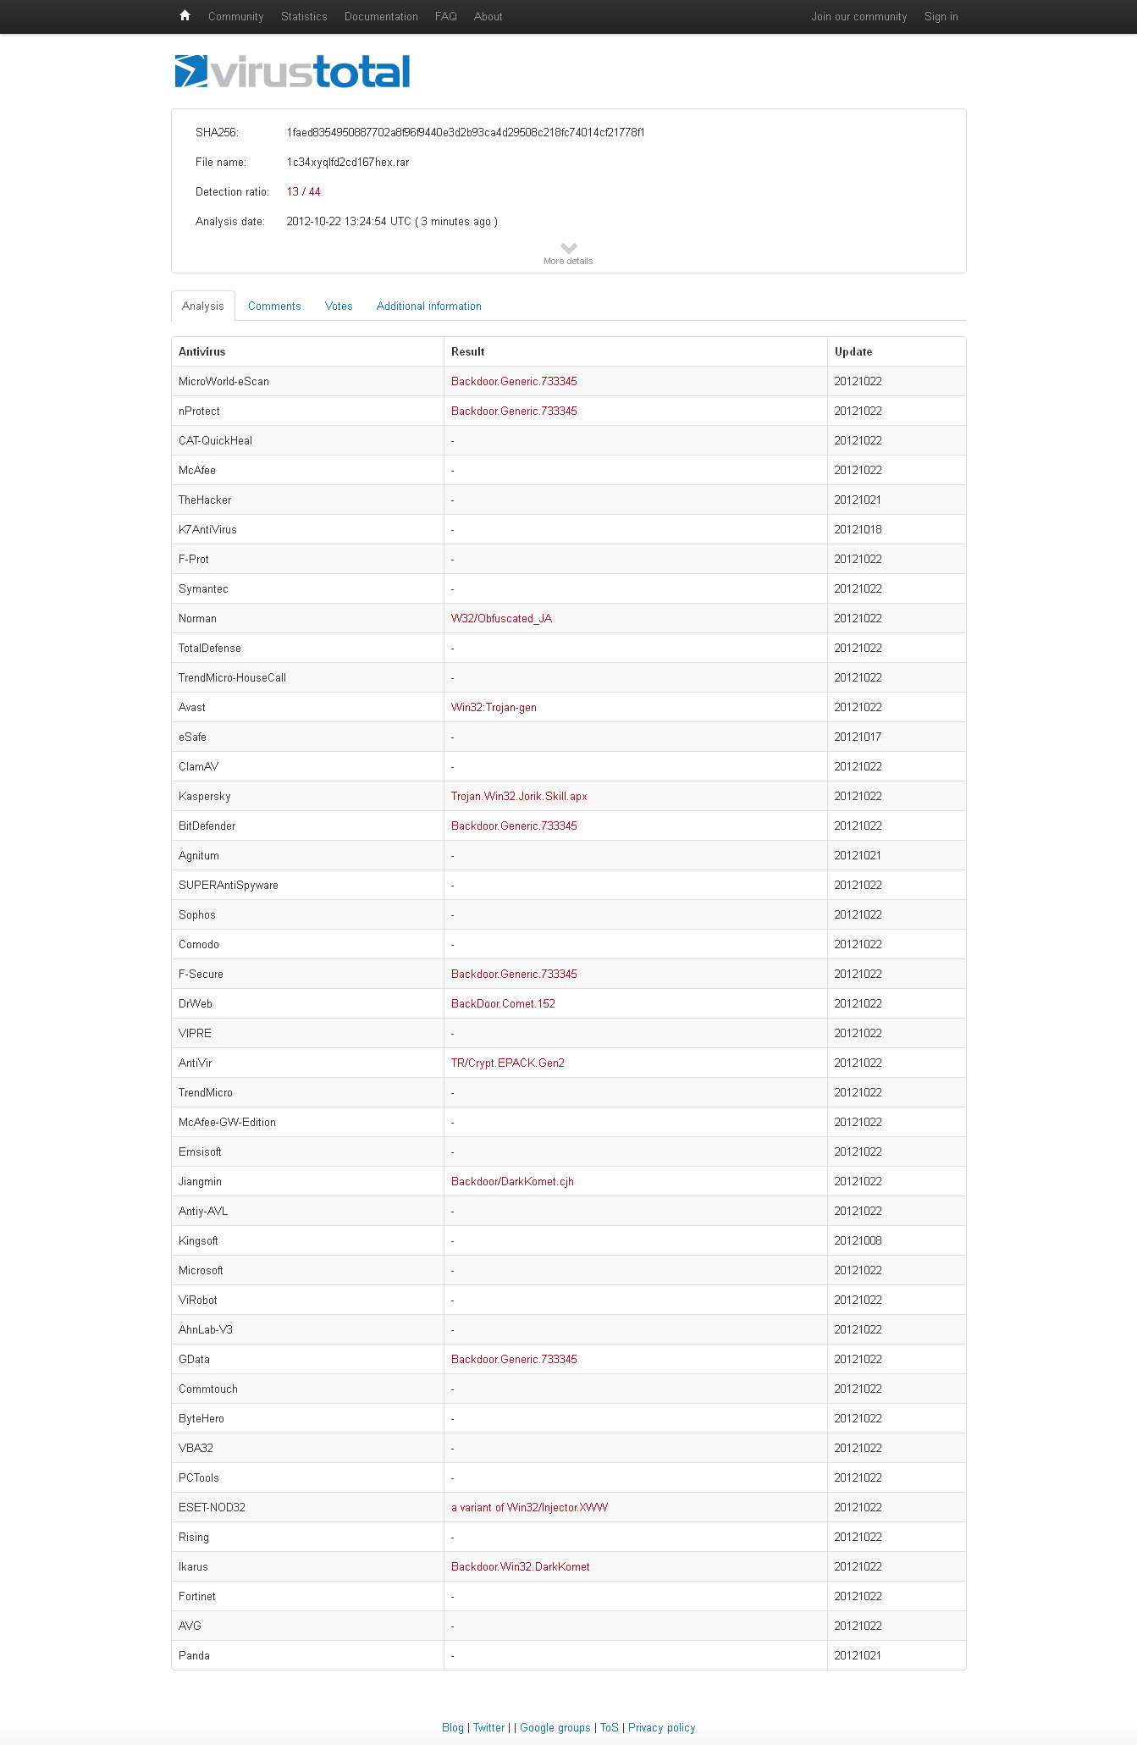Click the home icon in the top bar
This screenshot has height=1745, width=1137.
[x=185, y=16]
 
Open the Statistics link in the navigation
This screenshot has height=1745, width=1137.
[x=304, y=17]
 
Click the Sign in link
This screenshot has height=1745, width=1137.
[x=941, y=17]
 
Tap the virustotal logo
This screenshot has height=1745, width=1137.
[x=293, y=72]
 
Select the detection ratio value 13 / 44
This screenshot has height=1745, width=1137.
[x=303, y=192]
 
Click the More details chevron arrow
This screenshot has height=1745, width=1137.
[x=569, y=248]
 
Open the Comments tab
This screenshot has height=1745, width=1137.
[x=274, y=306]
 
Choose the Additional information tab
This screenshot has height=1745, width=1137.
[x=428, y=306]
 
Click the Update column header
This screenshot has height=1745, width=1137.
[x=853, y=352]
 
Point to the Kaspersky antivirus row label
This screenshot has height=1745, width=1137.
[x=204, y=797]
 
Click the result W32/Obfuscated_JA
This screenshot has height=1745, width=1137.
[x=501, y=619]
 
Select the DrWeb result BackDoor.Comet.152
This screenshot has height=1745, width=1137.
[x=503, y=1004]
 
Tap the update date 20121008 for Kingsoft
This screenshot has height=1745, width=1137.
[x=858, y=1241]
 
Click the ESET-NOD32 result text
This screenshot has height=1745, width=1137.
[x=529, y=1508]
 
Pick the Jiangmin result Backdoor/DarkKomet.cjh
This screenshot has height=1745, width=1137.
[x=512, y=1182]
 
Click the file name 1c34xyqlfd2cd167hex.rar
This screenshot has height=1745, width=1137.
[x=347, y=163]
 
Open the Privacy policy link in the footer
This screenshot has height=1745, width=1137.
[x=661, y=1728]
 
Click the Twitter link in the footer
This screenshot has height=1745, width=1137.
[x=488, y=1728]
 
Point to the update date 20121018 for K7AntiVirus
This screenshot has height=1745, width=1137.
[x=858, y=530]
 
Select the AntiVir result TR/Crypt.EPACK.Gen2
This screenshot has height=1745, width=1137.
[x=507, y=1063]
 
